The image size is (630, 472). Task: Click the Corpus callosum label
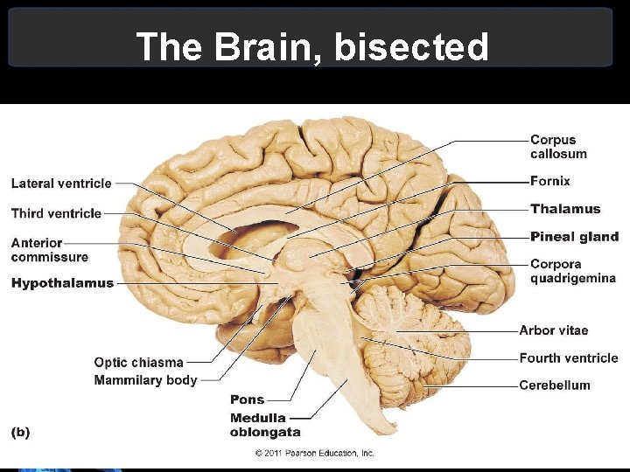[558, 147]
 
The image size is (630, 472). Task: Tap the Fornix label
[549, 181]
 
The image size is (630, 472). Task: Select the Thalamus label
[565, 209]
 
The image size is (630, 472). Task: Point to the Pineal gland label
[574, 237]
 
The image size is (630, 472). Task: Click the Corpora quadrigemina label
[572, 271]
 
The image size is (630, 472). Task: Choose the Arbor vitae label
[553, 330]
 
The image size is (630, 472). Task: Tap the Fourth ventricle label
[568, 357]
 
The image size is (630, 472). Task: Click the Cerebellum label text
[554, 385]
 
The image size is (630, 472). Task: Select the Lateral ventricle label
[61, 184]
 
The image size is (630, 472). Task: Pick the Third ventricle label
[56, 213]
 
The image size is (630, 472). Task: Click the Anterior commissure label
[49, 250]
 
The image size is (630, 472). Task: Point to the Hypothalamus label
[62, 283]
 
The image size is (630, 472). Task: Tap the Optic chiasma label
[138, 363]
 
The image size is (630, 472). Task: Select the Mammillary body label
[145, 380]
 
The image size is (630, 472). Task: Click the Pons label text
[247, 399]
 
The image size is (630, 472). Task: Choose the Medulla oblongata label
[264, 425]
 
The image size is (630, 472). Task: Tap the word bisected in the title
[412, 47]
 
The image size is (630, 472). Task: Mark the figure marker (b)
[19, 432]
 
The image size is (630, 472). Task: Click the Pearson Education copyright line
[314, 453]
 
